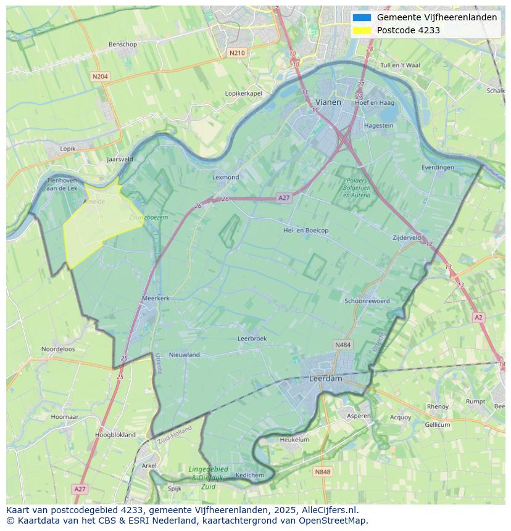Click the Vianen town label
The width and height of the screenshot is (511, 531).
tap(328, 102)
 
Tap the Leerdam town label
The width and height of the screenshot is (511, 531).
tap(325, 379)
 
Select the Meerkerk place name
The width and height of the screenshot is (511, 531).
tap(156, 298)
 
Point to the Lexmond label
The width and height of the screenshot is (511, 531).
tap(225, 177)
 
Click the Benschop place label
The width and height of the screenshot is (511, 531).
tap(122, 44)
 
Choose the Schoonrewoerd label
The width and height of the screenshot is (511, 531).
tap(367, 301)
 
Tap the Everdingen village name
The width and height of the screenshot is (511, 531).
tap(438, 167)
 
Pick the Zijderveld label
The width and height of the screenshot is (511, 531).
tap(407, 237)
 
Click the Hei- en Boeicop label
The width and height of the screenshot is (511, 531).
tap(305, 230)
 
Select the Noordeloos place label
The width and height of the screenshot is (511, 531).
tap(58, 349)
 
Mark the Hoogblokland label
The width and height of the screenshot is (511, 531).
tap(115, 435)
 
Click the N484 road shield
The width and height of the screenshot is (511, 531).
tap(343, 345)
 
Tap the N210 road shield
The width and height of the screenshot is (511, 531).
tap(237, 53)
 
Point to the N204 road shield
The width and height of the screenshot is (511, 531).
tap(99, 76)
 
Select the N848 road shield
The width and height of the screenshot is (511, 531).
tap(322, 472)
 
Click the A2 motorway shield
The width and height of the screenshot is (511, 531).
tap(478, 317)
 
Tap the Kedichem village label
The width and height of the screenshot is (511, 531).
tap(249, 475)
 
